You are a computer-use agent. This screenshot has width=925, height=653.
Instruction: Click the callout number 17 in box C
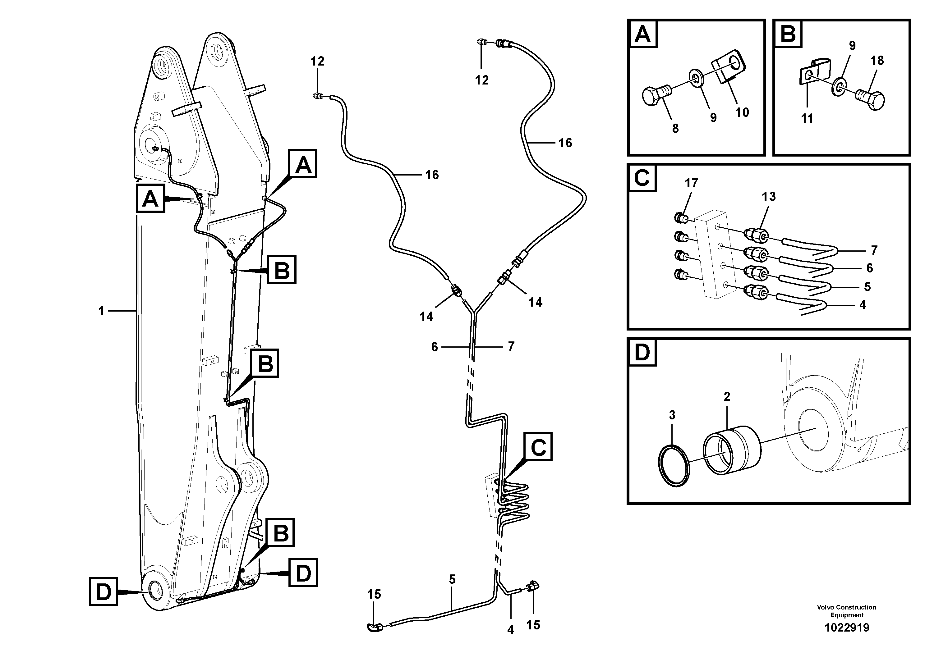[691, 183]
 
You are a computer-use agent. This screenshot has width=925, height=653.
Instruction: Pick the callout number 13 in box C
[769, 197]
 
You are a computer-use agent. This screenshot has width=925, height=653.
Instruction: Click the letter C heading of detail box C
[642, 178]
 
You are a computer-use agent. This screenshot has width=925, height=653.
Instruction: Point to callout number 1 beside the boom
[101, 311]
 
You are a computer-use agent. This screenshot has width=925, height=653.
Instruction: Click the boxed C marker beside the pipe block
[538, 447]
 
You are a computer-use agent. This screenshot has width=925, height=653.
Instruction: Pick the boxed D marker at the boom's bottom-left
[104, 591]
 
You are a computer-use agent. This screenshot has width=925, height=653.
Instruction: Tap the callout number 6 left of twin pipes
[434, 347]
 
